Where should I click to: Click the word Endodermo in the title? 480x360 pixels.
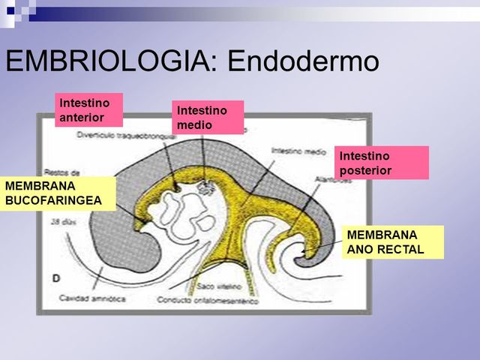[x=303, y=61]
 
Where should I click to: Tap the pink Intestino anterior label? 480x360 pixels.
[x=88, y=109]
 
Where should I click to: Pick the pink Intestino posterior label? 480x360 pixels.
[x=380, y=163]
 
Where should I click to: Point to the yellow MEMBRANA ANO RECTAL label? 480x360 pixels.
[x=392, y=241]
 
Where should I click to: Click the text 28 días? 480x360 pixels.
[x=61, y=223]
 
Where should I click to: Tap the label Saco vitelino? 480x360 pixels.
[x=217, y=286]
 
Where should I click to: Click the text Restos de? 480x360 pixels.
[x=59, y=170]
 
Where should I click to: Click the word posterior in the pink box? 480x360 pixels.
[x=365, y=171]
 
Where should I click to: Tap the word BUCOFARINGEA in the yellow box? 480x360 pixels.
[x=53, y=200]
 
